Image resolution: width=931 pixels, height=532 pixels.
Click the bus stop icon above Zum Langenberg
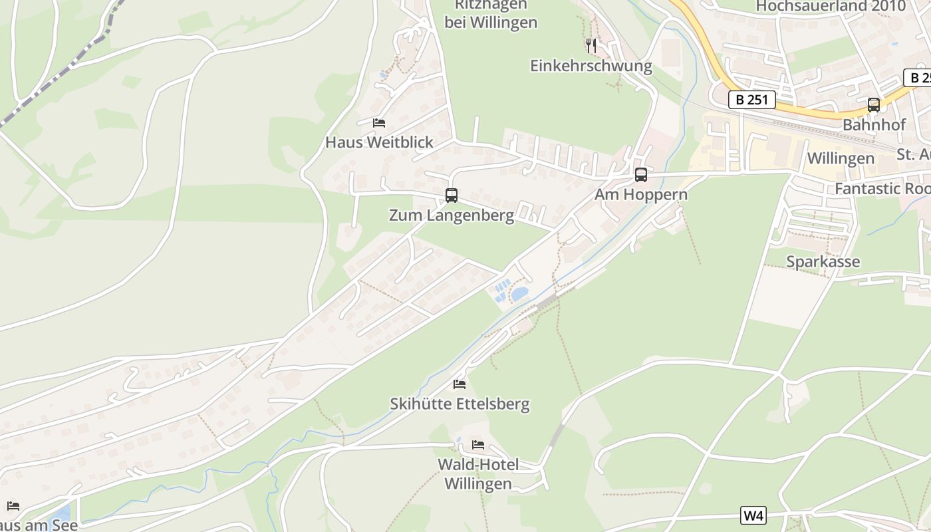click(452, 196)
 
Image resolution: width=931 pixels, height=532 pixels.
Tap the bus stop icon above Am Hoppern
click(641, 175)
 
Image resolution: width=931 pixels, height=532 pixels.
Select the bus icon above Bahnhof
click(874, 105)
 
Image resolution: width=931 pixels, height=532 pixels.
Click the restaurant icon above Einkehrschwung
click(591, 45)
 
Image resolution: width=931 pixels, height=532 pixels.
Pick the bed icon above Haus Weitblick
click(379, 122)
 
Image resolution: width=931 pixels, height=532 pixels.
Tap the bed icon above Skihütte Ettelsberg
click(460, 384)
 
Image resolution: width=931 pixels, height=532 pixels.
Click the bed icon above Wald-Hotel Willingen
click(478, 444)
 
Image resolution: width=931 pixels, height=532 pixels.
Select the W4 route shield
click(753, 515)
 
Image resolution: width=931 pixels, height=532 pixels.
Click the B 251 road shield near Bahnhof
click(752, 100)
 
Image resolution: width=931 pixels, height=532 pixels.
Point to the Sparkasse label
click(823, 261)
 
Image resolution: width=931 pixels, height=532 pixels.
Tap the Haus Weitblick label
click(379, 142)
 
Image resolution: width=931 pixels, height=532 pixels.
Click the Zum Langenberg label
click(452, 215)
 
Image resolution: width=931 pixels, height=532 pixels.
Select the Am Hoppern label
click(641, 195)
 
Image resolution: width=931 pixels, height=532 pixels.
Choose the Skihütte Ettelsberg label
click(460, 404)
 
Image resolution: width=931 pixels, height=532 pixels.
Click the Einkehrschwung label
click(591, 66)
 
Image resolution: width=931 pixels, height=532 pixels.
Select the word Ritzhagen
click(491, 5)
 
